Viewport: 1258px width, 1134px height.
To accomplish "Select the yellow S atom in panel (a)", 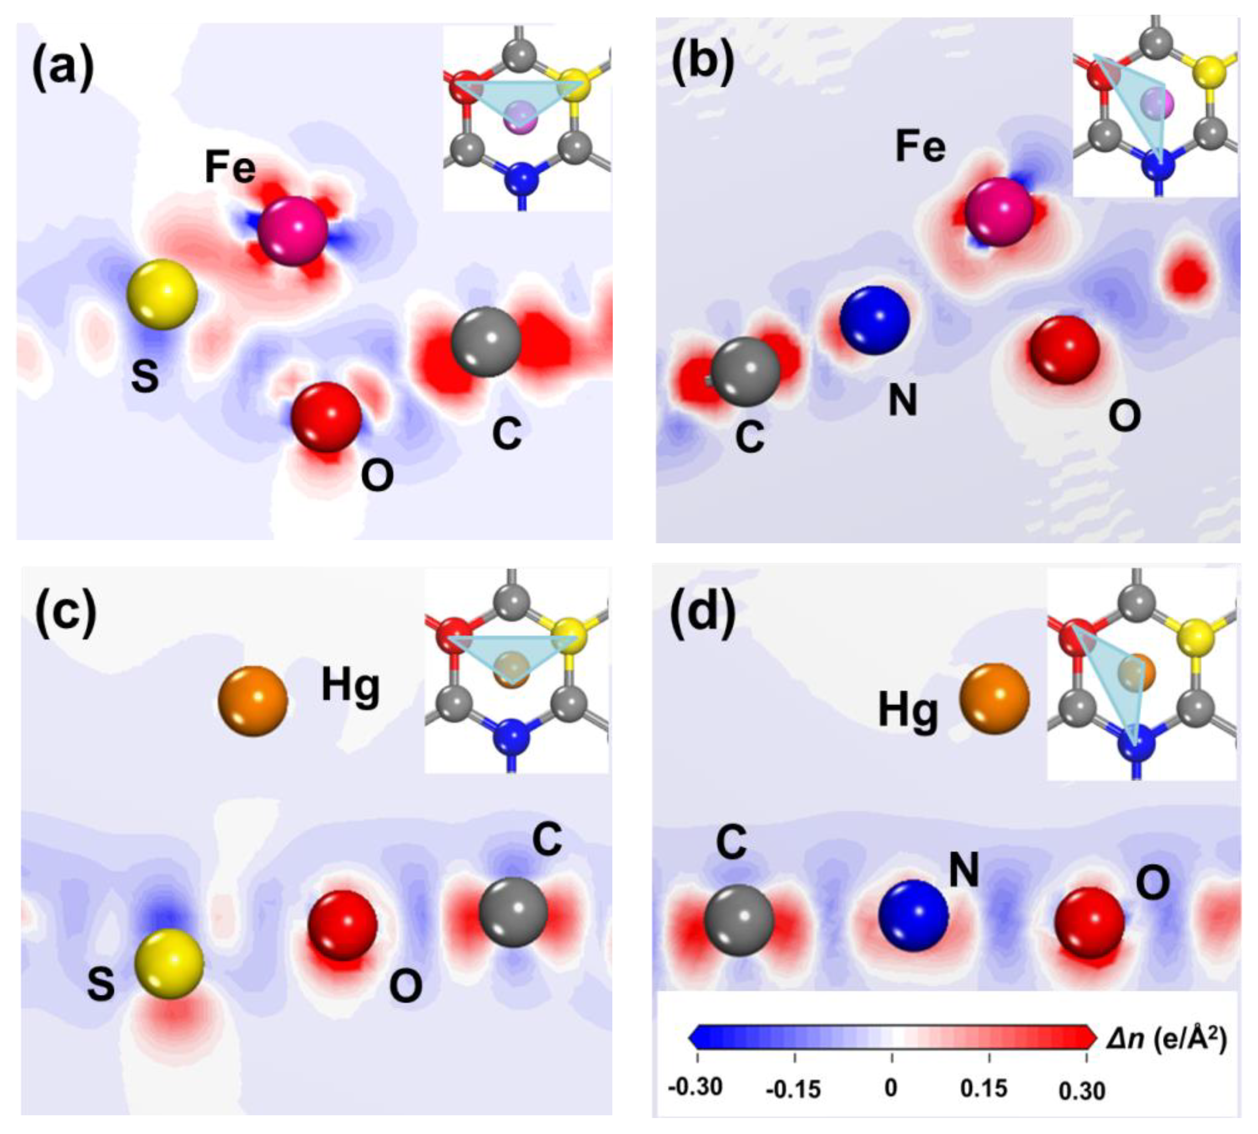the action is [x=162, y=294].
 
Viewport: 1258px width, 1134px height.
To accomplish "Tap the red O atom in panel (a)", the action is [x=326, y=416].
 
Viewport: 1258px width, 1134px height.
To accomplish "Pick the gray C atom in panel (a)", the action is [x=486, y=343].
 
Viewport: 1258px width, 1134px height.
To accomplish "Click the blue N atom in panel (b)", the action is [x=874, y=320].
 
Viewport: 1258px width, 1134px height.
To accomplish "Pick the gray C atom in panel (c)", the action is [x=513, y=912].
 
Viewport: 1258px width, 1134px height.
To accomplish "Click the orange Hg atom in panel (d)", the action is [x=994, y=699].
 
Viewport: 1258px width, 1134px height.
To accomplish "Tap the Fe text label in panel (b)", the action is [x=920, y=147].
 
